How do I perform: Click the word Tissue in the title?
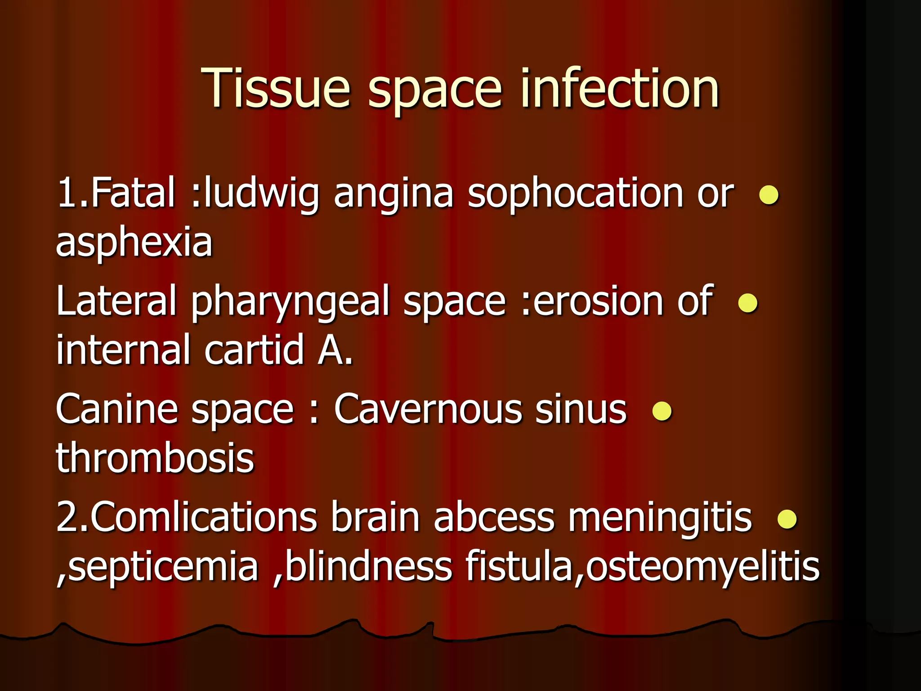[x=275, y=88]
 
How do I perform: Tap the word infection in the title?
[x=620, y=88]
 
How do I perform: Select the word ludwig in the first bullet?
[x=261, y=193]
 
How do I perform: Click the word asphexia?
[x=134, y=243]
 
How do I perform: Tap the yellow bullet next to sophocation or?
[x=769, y=195]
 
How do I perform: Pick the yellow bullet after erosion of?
[x=748, y=303]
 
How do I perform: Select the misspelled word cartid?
[x=255, y=350]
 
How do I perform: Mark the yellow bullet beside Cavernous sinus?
[x=662, y=411]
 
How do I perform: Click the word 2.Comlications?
[x=187, y=517]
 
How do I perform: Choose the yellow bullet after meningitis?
[x=787, y=519]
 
